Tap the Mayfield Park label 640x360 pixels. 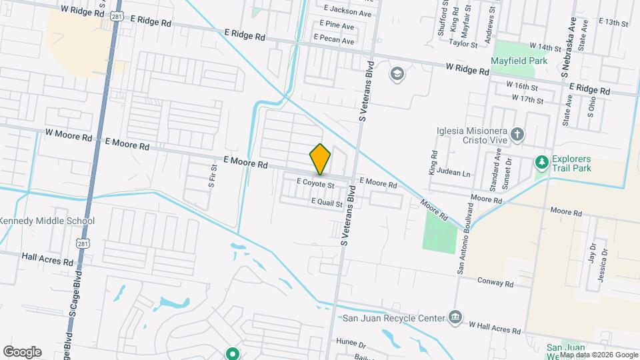click(x=519, y=61)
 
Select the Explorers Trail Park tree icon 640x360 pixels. click(x=542, y=162)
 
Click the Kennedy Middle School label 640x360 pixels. click(x=47, y=221)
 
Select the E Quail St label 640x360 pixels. click(x=326, y=202)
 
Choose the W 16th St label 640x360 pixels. click(x=521, y=86)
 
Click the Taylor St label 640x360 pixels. click(x=463, y=45)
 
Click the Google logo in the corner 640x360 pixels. click(x=22, y=352)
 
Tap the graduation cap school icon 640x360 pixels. click(x=397, y=73)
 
